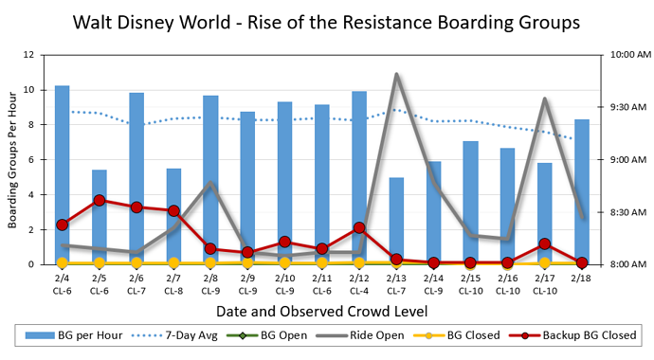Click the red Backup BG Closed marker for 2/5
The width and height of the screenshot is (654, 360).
(100, 201)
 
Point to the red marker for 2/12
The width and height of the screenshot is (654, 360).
(359, 228)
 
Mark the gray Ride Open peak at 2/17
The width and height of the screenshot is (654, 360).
(544, 99)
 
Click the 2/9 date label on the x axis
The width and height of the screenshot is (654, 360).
(247, 279)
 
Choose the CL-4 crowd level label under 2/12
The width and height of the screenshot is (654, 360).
(359, 290)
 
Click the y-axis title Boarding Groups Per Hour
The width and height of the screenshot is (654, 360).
(13, 159)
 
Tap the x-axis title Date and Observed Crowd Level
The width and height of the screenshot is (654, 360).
(321, 310)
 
